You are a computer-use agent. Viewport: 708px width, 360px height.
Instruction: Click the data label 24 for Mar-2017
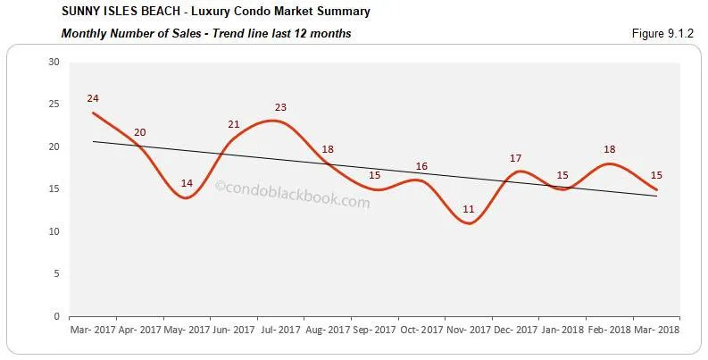(92, 98)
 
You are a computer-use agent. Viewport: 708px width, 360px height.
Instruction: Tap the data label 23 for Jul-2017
(280, 107)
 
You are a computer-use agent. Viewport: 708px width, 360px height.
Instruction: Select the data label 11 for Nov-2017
(468, 209)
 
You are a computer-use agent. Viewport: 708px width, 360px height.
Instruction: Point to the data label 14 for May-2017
(187, 183)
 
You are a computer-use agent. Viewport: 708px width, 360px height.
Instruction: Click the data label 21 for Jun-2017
(234, 124)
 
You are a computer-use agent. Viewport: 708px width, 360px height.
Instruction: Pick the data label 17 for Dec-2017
(515, 158)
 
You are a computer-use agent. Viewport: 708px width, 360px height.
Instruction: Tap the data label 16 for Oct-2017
(421, 166)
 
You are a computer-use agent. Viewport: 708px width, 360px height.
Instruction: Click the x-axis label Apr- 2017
(139, 330)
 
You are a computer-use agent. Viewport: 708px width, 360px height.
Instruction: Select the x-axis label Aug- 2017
(328, 330)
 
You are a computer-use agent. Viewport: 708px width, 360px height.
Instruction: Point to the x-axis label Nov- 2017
(469, 330)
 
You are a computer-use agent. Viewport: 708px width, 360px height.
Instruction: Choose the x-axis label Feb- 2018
(609, 330)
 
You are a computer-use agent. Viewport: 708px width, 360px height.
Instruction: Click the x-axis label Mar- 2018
(656, 330)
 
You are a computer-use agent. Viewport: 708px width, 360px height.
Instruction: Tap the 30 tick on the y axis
(54, 62)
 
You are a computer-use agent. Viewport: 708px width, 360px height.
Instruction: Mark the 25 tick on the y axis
(54, 105)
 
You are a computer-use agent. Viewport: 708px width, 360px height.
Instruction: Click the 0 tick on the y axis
(56, 316)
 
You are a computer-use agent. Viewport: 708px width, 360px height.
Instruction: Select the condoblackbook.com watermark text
(292, 203)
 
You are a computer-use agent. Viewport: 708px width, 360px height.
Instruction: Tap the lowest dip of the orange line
(468, 223)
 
